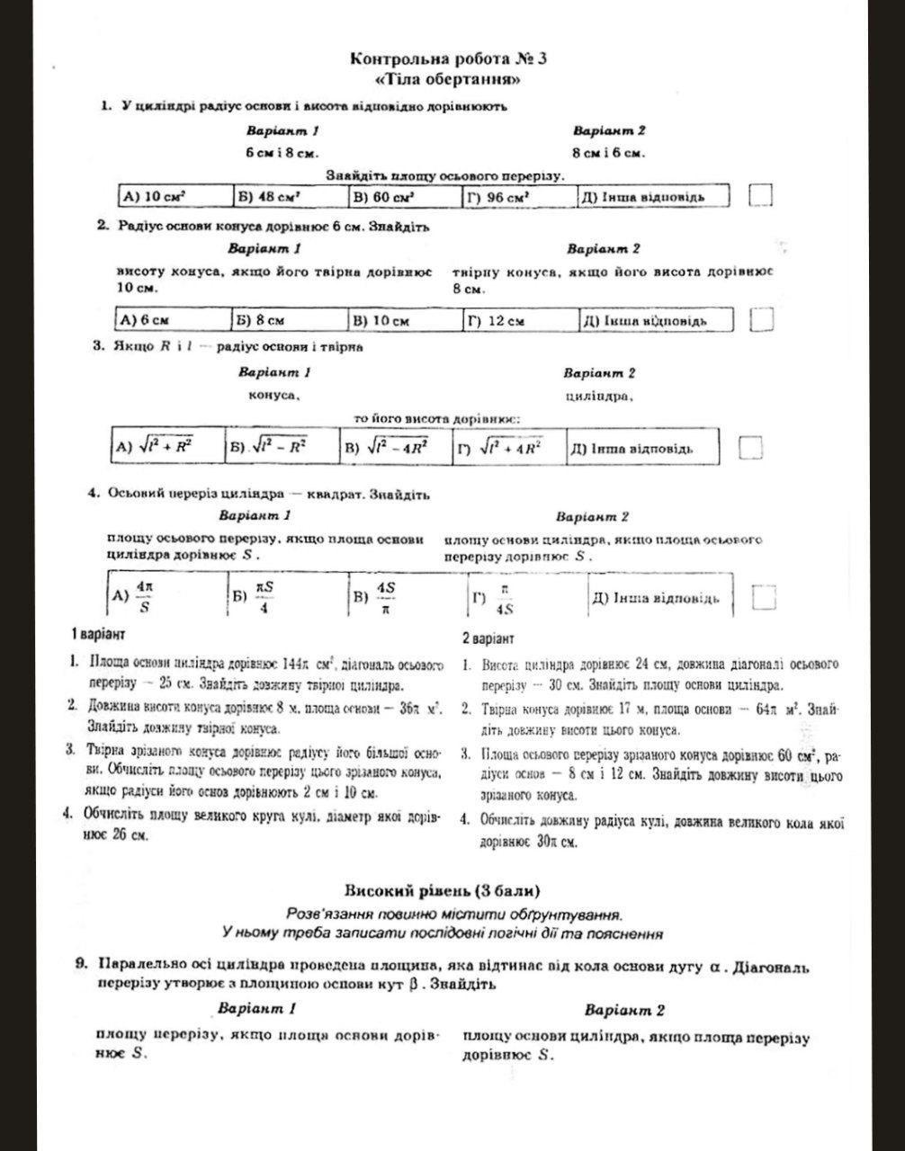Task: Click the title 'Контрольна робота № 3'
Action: [448, 59]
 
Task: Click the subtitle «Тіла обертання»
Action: [448, 79]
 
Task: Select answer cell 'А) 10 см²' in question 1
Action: [175, 196]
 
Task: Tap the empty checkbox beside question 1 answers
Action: [760, 195]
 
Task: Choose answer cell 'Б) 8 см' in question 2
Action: [290, 320]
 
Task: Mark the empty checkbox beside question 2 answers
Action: [763, 319]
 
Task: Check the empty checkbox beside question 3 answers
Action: [750, 446]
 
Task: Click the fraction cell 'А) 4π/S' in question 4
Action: [166, 595]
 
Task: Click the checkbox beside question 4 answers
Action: [764, 597]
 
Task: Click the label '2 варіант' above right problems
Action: [488, 638]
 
